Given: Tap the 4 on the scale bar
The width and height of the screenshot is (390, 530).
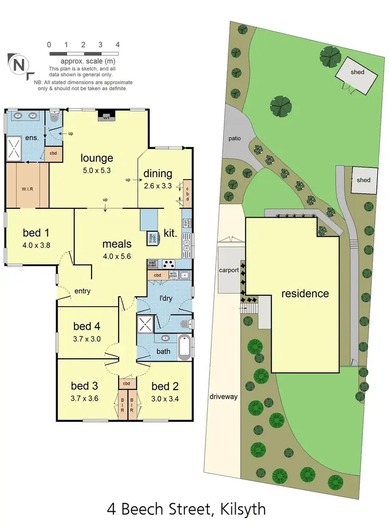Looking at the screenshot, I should (x=118, y=45).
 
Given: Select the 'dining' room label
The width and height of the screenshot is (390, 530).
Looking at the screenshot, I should (x=158, y=174).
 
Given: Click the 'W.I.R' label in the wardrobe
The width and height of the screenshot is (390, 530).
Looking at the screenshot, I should (x=28, y=188).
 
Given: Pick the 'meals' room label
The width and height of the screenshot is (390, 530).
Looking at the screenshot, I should (x=117, y=243).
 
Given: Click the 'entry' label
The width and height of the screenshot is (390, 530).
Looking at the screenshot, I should (x=82, y=291).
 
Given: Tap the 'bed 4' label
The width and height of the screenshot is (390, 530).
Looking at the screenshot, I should (x=86, y=326).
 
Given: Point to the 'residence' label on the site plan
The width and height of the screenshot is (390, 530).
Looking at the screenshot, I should (x=305, y=294).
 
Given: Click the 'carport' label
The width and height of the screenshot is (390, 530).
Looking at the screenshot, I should (x=229, y=270).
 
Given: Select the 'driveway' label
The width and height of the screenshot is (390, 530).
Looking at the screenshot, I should (x=224, y=397).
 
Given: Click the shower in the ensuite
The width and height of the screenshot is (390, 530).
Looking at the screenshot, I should (x=15, y=147).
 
